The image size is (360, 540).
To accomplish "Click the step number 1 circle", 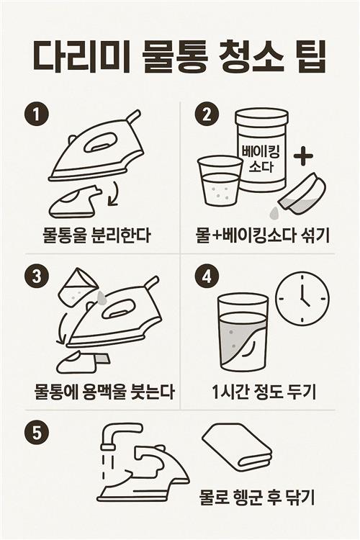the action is pos(37,114).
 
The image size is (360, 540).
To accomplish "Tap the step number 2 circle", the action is pos(207,114).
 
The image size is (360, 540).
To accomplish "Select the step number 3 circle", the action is pos(37,276).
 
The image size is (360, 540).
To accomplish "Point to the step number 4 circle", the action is pos(207,276).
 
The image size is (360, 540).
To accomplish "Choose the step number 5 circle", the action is pos(37,433).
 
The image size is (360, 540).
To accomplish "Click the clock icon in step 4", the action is pos(303,299).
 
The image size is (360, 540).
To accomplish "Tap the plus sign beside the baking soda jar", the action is pos(304,156).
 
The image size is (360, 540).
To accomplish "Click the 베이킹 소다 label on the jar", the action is pos(261,158).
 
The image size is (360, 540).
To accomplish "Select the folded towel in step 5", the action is pos(237,447).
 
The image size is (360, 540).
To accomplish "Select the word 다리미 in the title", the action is pos(81,57).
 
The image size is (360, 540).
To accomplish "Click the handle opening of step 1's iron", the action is pos(100,143).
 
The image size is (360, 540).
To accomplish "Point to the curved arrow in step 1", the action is pos(114,194).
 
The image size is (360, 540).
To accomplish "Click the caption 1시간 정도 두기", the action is pos(264,392).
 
